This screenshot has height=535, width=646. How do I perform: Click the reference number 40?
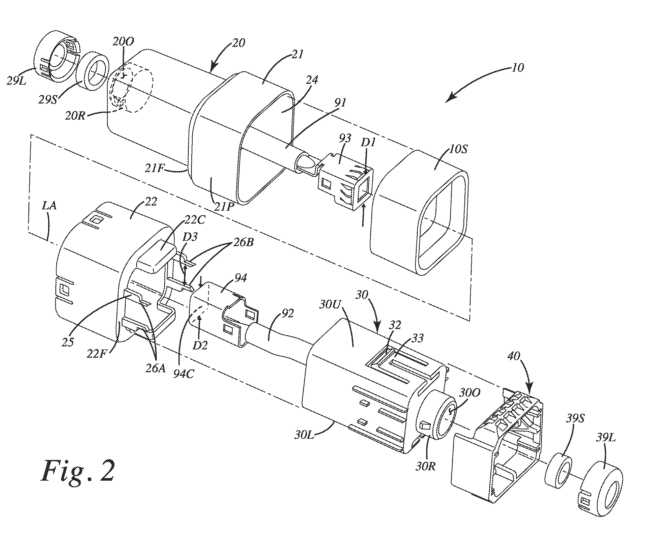click(513, 356)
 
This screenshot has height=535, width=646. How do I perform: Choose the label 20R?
click(75, 116)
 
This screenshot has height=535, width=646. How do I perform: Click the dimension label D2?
click(200, 345)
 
